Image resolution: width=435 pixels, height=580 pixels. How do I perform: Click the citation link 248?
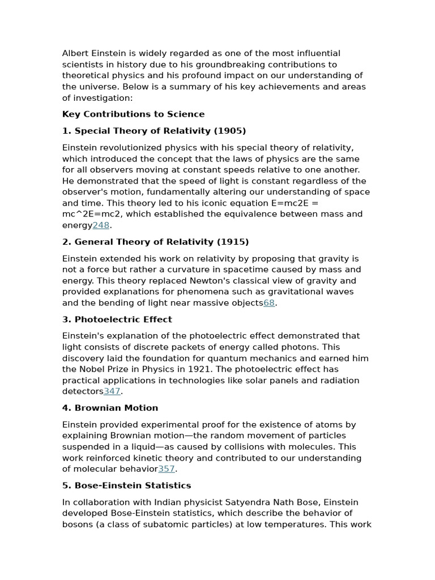[101, 225]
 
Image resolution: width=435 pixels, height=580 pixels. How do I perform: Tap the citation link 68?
[269, 303]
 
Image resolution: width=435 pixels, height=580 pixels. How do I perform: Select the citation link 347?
[112, 391]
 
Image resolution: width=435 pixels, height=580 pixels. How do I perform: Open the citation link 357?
[167, 469]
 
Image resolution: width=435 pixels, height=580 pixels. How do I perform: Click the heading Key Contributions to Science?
[133, 114]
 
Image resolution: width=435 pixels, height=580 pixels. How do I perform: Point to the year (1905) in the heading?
[230, 131]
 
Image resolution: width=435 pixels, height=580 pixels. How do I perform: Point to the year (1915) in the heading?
[233, 242]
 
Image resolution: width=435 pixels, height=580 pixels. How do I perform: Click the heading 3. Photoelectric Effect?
[117, 319]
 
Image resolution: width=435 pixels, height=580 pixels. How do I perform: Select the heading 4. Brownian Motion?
[110, 408]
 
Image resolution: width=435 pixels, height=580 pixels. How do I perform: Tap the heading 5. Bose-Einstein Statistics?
[126, 485]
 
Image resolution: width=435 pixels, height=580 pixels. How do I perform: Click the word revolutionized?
[123, 148]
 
